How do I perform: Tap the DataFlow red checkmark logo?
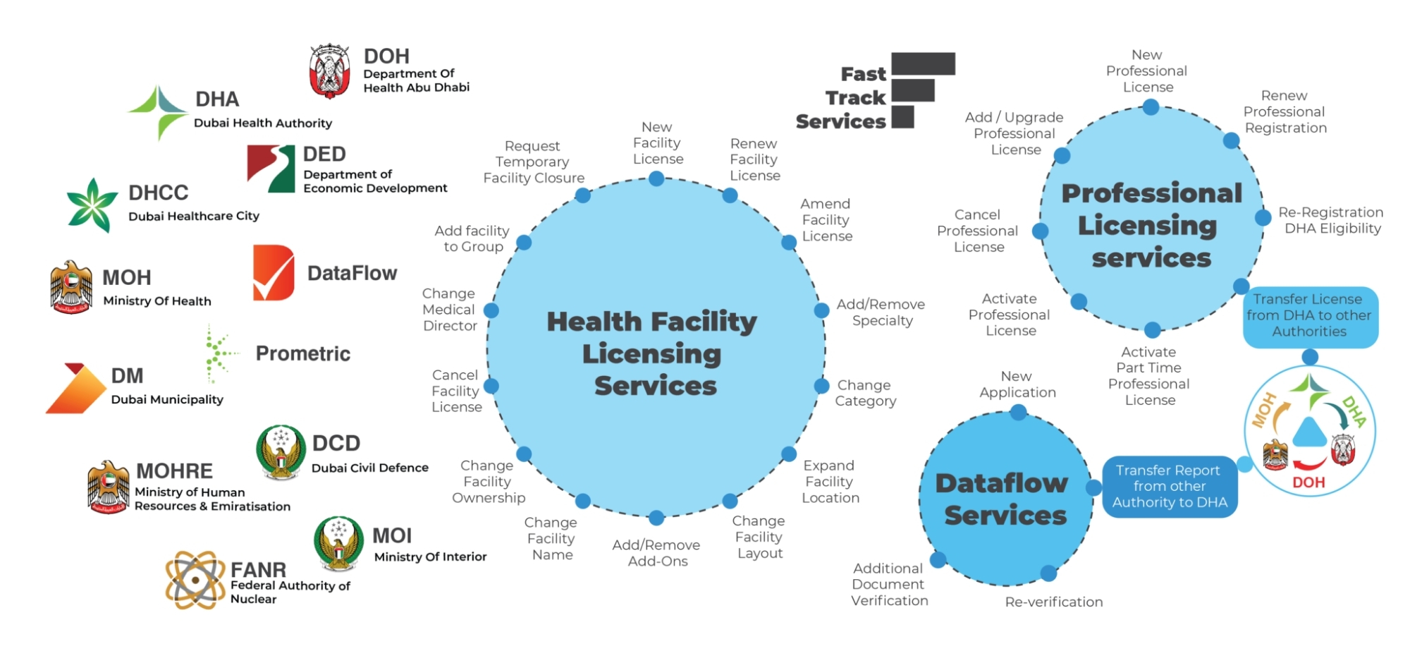pos(274,273)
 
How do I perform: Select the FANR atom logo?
pos(195,580)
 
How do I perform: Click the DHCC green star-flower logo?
pos(92,205)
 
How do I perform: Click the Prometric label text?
pos(302,353)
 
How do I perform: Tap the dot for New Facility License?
pos(656,178)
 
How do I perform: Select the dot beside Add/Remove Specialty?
pos(821,310)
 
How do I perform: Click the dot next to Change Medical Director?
pos(491,310)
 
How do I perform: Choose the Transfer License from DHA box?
pos(1309,316)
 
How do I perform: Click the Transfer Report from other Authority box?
pos(1170,487)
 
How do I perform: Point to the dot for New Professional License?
pos(1151,107)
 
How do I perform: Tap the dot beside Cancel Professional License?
pos(1040,231)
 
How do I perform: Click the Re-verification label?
pos(1054,602)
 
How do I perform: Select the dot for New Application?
pos(1018,413)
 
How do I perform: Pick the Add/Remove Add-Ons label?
pos(656,553)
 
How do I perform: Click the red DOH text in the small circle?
pos(1308,482)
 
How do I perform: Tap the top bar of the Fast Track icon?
pos(923,63)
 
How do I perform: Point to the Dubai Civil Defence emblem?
pos(281,451)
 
